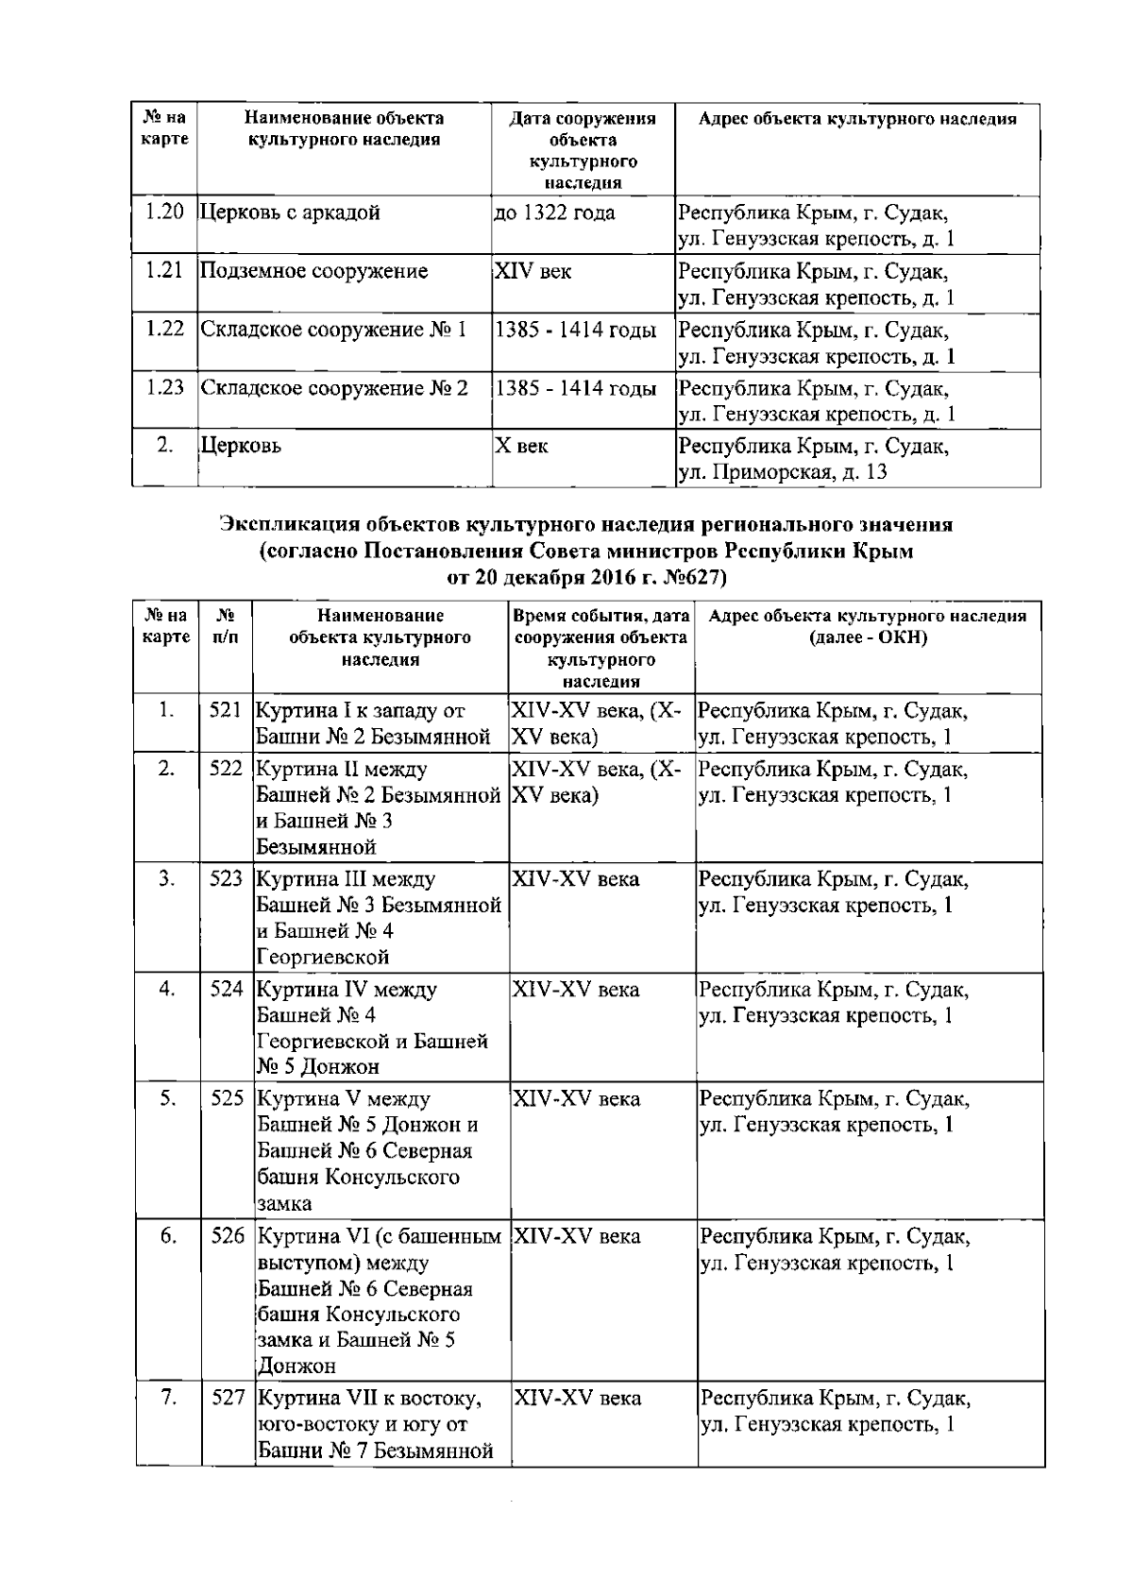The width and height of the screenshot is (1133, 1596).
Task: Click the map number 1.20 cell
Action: coord(164,212)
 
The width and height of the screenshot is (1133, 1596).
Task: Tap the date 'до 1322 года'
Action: coord(555,212)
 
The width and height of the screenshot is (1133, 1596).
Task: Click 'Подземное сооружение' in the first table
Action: coord(314,271)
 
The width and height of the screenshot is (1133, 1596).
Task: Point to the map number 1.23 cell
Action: coord(164,388)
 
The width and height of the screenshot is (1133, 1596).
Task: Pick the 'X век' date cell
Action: coord(522,446)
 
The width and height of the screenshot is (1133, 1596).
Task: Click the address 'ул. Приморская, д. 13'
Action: coord(784,471)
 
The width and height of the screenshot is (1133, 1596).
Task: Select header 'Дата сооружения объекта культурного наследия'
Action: coord(583,149)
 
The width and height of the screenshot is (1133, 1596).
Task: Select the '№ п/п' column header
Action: coord(226,626)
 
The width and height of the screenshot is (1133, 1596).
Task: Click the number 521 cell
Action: coord(227,710)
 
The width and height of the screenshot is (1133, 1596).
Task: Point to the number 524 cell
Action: coord(227,990)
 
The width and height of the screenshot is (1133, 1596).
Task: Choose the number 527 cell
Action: coord(228,1398)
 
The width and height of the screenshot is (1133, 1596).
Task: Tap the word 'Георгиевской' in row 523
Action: coord(323,958)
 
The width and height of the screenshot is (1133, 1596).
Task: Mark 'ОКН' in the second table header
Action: coord(902,637)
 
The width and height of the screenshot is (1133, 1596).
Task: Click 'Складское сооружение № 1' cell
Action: coord(334,330)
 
